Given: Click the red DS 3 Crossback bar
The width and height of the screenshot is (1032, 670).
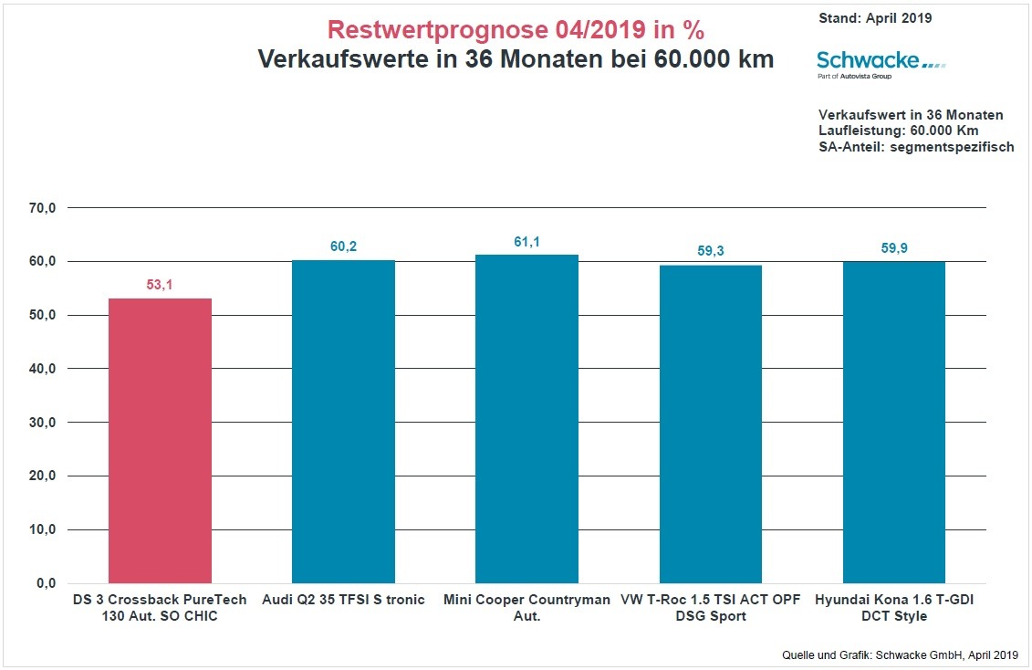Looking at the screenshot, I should [x=160, y=441].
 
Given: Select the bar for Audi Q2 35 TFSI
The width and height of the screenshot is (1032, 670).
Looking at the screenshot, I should [x=343, y=422].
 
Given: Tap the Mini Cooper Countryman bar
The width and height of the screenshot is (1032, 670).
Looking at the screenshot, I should [x=526, y=419].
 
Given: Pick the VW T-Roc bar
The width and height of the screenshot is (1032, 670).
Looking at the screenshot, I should [x=710, y=424].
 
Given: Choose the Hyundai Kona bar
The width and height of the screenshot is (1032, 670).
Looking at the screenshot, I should [x=893, y=423].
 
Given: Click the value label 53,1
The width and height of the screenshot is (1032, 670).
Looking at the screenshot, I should [x=160, y=285].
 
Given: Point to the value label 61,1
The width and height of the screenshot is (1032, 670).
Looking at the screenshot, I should [x=526, y=242].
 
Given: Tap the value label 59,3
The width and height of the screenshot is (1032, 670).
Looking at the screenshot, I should [x=710, y=251].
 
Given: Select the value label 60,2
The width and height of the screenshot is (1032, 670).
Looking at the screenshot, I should [x=343, y=246].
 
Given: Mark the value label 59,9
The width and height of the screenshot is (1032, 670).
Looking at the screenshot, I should [x=893, y=247].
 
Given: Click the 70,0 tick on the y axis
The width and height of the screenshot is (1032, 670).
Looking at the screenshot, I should [x=42, y=208].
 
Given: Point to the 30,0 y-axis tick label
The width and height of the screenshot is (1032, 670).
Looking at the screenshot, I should [x=42, y=423].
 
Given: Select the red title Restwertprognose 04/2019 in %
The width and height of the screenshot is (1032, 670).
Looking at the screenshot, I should [x=516, y=30].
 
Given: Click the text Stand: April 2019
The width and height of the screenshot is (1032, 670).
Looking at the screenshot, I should [x=875, y=17].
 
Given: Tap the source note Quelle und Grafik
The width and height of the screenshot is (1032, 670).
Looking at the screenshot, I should [x=899, y=654].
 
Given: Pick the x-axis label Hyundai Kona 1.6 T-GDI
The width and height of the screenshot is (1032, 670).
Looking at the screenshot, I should [x=893, y=608].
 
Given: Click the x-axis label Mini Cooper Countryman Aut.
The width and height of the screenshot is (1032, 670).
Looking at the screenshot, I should [x=526, y=608].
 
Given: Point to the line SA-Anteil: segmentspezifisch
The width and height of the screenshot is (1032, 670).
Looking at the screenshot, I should [x=916, y=147].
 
